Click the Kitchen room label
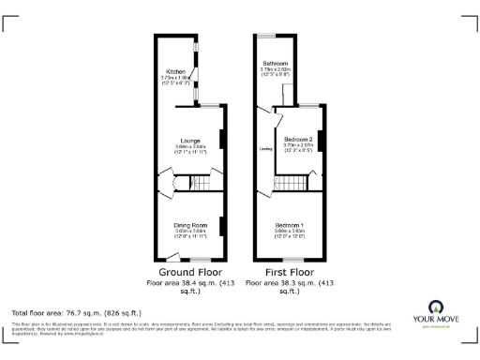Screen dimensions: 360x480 [x=175, y=71]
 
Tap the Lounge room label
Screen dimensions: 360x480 [x=190, y=141]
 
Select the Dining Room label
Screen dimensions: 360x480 [x=190, y=224]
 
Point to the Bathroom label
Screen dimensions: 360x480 [x=275, y=63]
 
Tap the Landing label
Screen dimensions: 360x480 [x=264, y=148]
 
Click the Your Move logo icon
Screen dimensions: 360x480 [x=436, y=306]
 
